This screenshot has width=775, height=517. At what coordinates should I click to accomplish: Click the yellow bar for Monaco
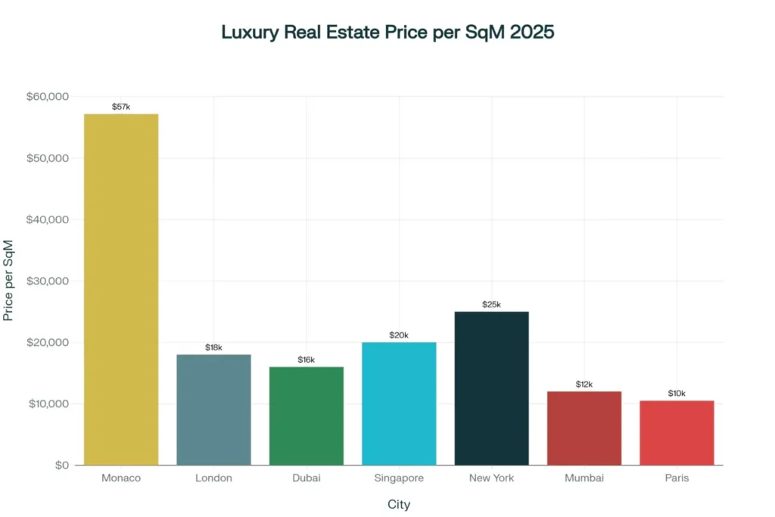click(x=121, y=289)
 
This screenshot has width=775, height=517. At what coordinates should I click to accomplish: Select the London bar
click(x=213, y=410)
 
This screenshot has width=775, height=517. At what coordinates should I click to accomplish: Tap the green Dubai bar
click(x=307, y=416)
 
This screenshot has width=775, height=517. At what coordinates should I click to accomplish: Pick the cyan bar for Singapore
click(x=399, y=403)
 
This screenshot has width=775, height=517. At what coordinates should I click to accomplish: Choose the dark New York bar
click(x=491, y=388)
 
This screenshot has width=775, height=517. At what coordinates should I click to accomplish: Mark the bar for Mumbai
click(x=584, y=428)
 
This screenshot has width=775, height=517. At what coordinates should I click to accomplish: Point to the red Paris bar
click(x=677, y=432)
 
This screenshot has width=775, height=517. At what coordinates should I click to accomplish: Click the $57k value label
click(x=121, y=107)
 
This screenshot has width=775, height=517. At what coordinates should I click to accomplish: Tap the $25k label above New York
click(x=491, y=304)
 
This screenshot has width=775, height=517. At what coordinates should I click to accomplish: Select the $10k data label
click(x=677, y=394)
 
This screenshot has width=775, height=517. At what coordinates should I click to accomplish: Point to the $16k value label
click(x=307, y=360)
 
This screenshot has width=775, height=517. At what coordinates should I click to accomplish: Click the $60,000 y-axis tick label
click(x=48, y=97)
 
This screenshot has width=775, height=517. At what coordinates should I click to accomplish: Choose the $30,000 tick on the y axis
click(x=48, y=281)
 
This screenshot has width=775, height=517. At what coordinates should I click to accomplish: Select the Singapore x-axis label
click(x=399, y=478)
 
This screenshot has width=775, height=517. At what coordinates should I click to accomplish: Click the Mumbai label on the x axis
click(x=584, y=478)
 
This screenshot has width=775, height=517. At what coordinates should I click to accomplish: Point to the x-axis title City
click(x=399, y=504)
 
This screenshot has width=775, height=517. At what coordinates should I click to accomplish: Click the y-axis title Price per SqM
click(x=9, y=281)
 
